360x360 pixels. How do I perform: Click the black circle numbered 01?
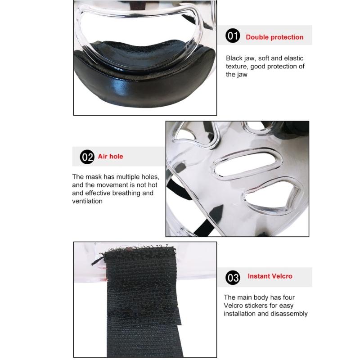(x=233, y=36)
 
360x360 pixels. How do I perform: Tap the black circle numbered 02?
(x=87, y=157)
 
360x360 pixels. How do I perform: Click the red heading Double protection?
(x=274, y=37)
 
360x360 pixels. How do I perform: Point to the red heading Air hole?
(x=110, y=157)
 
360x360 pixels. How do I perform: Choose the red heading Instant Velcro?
(x=270, y=276)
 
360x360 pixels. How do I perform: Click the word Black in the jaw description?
(x=234, y=58)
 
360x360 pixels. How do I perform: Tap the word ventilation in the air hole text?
(x=87, y=201)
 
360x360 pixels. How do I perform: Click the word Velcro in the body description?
(x=234, y=306)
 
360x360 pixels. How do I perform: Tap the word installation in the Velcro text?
(x=241, y=314)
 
